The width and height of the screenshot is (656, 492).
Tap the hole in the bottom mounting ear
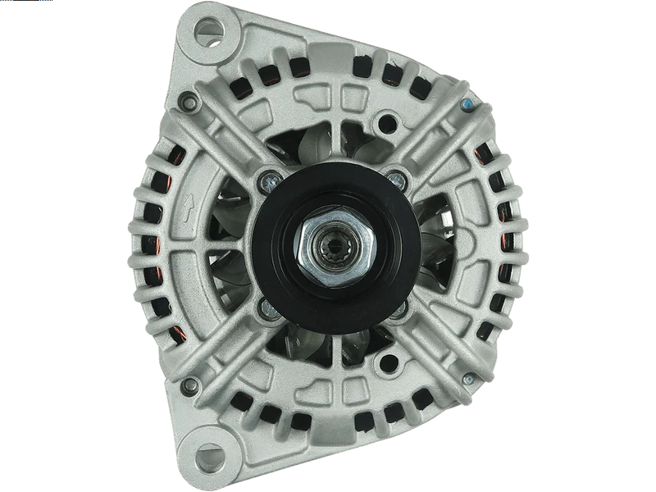pyautogui.click(x=206, y=456)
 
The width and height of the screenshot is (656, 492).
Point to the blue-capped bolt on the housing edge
pyautogui.click(x=467, y=105)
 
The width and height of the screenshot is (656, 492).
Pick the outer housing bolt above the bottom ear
pyautogui.click(x=190, y=383)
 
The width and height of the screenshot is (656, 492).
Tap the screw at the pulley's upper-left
pyautogui.click(x=266, y=178)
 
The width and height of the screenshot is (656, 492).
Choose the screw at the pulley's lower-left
pyautogui.click(x=266, y=307)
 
